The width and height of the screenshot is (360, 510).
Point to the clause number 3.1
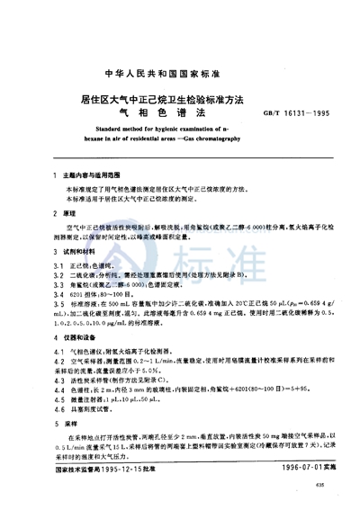click(56, 269)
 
